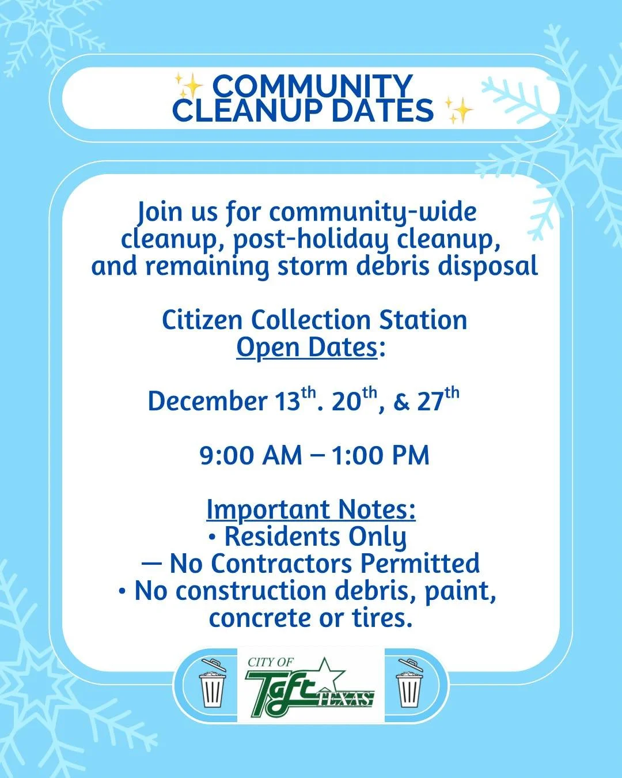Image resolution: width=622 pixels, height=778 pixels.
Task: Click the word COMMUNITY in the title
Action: point(312,86)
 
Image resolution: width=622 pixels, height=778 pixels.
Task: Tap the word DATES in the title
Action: point(382,111)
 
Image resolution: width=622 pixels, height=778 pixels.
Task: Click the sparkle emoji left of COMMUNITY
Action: point(189,87)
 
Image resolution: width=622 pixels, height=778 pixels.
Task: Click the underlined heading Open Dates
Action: point(307,348)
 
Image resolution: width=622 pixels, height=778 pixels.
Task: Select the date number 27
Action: point(430,401)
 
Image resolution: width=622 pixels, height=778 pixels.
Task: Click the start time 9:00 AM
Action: point(251,455)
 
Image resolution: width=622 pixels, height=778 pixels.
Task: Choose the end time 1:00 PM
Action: point(380,455)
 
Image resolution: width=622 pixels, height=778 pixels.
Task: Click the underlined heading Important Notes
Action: point(311,509)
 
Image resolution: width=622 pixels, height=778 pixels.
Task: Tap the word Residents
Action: point(276,537)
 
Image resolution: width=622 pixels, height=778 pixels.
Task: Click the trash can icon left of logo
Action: point(212,686)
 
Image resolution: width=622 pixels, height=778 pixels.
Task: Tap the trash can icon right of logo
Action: point(409,686)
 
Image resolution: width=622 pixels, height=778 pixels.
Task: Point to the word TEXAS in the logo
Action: point(345,699)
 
